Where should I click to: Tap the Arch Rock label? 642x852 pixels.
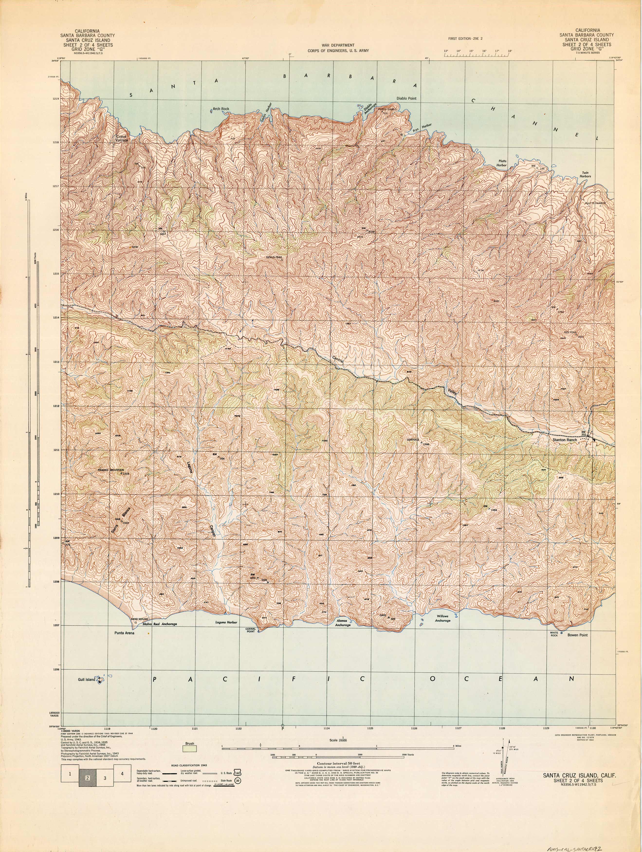(x=221, y=109)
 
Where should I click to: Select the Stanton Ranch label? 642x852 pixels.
(x=565, y=440)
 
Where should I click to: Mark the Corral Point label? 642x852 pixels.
(x=250, y=630)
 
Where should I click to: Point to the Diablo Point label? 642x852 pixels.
(x=406, y=99)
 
